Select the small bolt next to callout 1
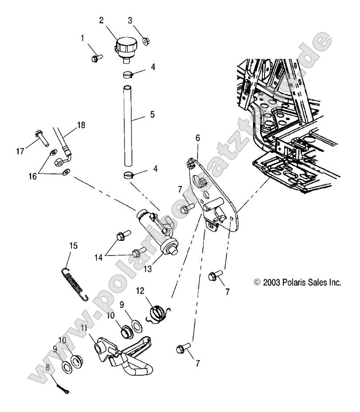point(96,59)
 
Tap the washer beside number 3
point(146,43)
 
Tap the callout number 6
point(197,138)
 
